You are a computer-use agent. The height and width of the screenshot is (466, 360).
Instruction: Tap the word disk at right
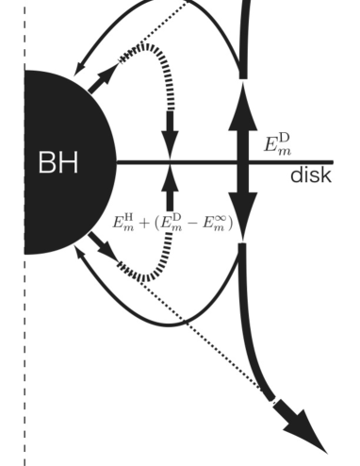[309, 176]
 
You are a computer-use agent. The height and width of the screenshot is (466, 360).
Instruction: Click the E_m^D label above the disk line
[279, 144]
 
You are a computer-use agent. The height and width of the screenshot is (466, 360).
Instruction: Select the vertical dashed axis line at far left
[25, 377]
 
